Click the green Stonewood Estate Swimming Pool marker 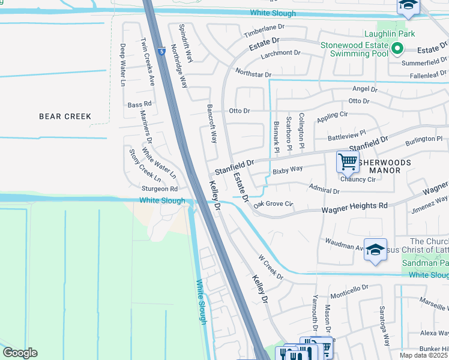(x=396, y=49)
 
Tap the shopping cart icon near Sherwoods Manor (x=348, y=163)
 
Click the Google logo (x=20, y=353)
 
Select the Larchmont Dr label (x=280, y=53)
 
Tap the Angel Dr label (x=365, y=88)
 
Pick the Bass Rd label (x=139, y=104)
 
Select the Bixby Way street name (x=288, y=170)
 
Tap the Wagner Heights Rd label (x=354, y=206)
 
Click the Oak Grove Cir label (x=273, y=204)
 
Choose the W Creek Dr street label (x=270, y=267)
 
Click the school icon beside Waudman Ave (x=375, y=251)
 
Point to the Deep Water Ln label (x=122, y=65)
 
